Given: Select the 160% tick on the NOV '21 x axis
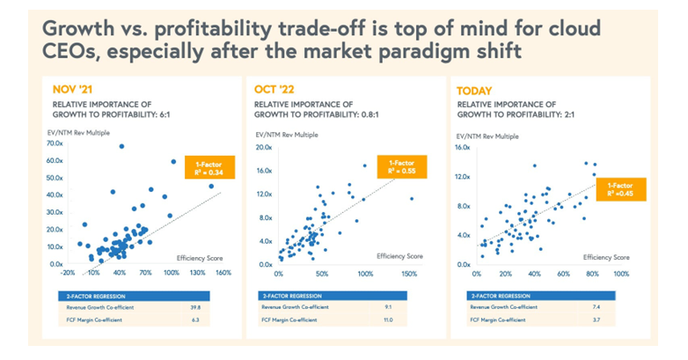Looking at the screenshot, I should click(x=223, y=273).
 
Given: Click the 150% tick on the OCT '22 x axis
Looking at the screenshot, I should click(x=410, y=274).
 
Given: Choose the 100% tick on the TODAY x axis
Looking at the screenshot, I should click(x=621, y=274).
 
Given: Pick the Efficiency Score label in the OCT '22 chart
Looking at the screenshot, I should click(x=399, y=255).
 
